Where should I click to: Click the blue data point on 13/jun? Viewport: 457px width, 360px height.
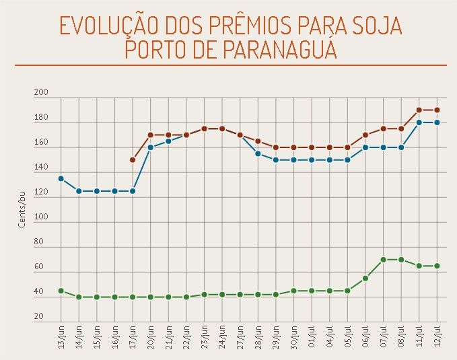click(61, 178)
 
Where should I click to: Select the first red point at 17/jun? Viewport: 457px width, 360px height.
click(133, 160)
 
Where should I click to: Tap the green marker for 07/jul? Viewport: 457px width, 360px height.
click(383, 260)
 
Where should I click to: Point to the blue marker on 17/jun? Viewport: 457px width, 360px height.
click(133, 191)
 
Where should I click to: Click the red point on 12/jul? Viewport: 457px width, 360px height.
click(437, 110)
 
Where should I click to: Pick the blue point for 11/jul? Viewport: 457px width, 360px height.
click(419, 122)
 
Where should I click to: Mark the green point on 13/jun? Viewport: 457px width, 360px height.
click(61, 291)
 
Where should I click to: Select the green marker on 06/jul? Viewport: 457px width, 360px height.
click(365, 278)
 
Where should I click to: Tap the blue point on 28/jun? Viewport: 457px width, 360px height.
click(258, 153)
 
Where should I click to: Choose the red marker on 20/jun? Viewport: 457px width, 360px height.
click(150, 135)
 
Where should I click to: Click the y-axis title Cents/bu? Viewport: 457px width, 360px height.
click(22, 209)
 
